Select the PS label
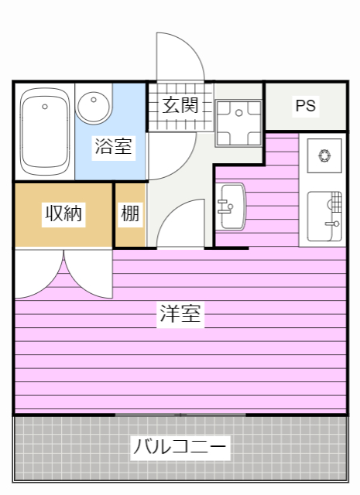pos(306,106)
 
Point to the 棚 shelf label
pos(131,213)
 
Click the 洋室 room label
pos(181,314)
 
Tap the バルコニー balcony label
pos(180,447)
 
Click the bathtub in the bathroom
pos(44,131)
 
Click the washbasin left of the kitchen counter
pos(231,207)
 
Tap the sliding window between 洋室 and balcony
pos(180,415)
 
